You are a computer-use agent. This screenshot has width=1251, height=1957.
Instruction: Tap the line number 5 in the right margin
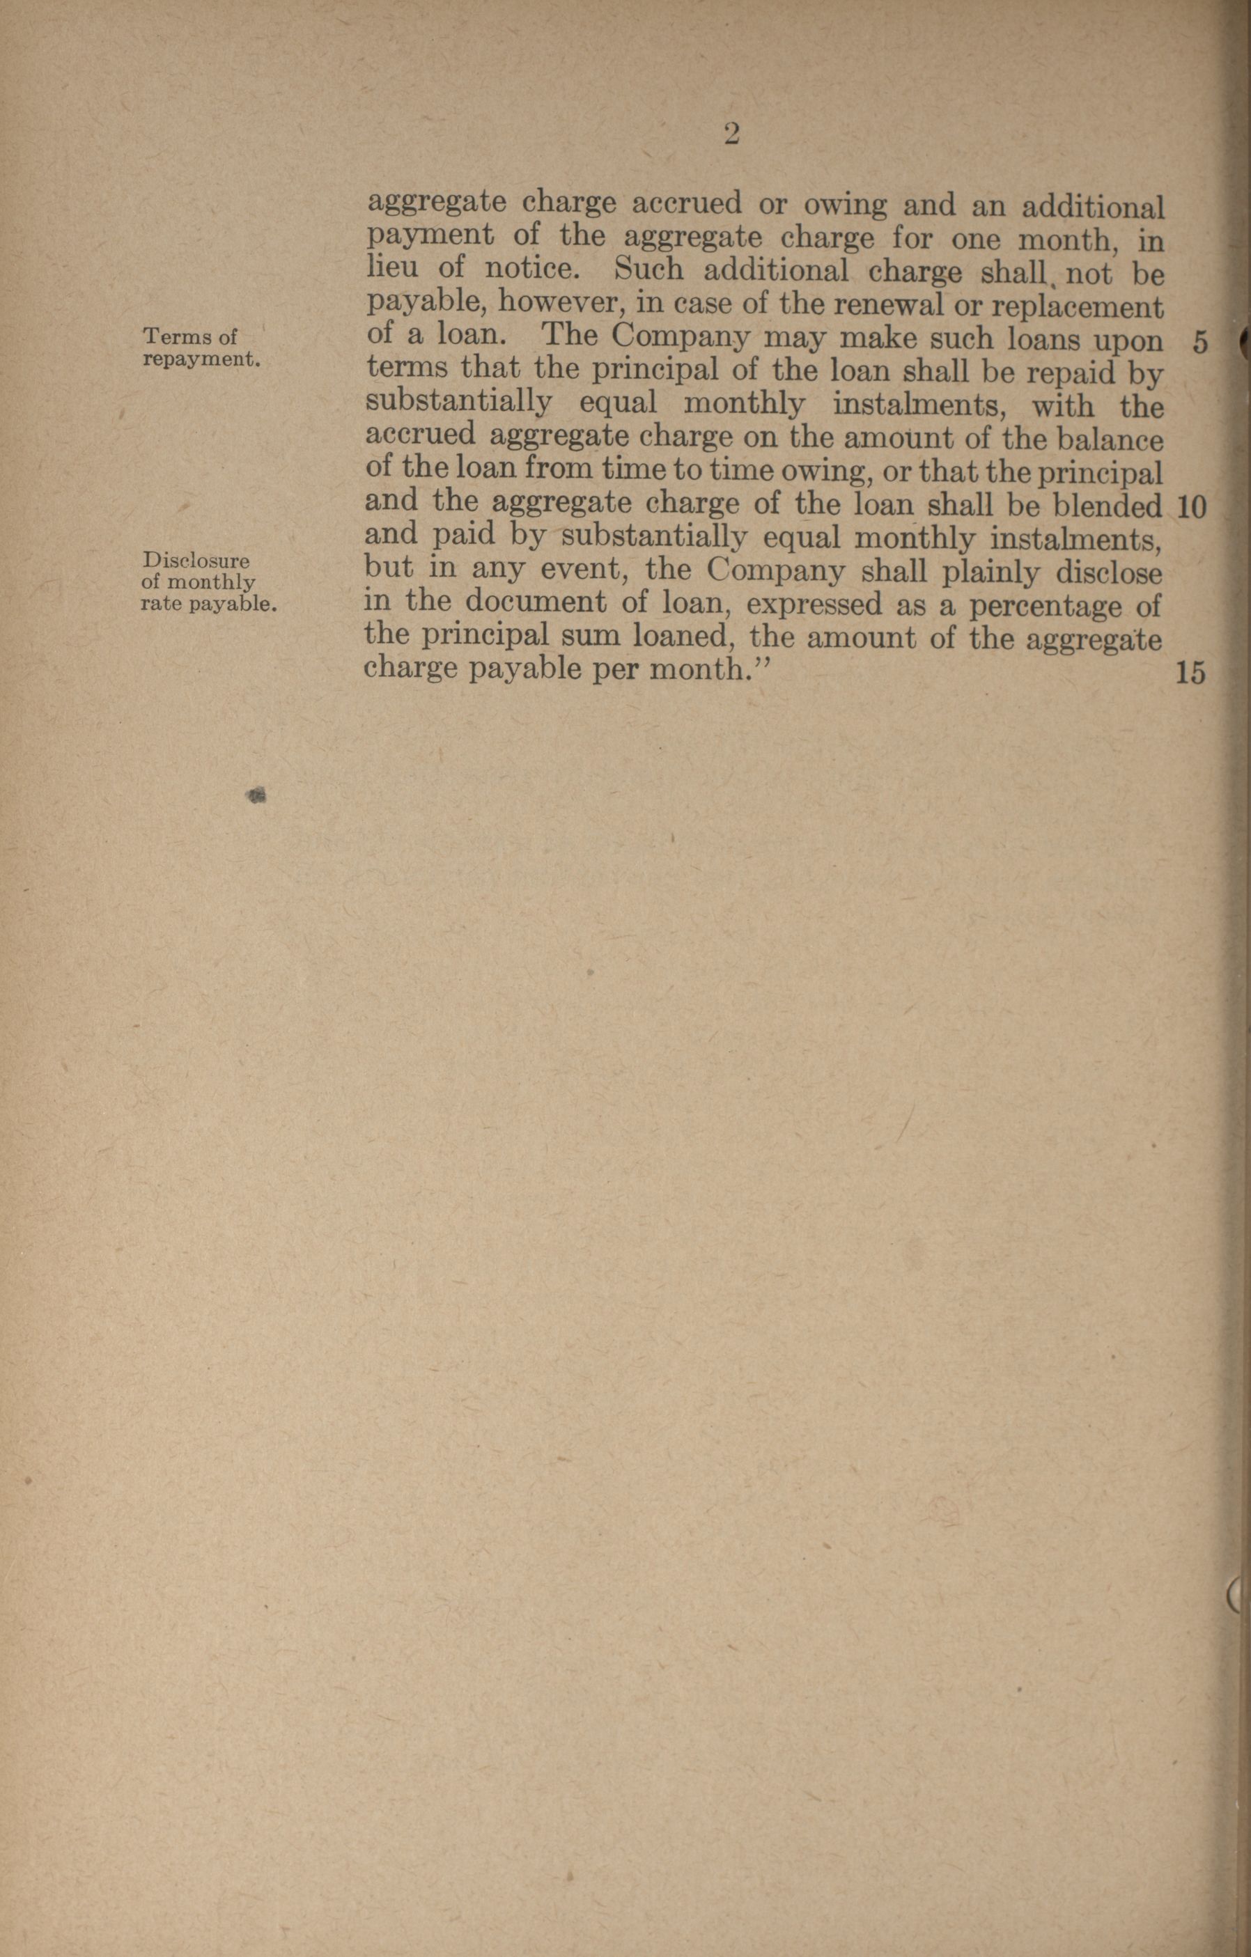point(1199,342)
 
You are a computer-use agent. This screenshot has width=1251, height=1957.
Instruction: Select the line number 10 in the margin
point(1191,508)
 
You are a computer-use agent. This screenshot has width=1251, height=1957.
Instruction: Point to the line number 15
point(1190,673)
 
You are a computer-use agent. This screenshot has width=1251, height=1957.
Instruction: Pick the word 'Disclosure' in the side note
point(195,561)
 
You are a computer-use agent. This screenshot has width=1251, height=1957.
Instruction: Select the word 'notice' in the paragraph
point(529,268)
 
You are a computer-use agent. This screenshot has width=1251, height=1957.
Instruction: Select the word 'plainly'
point(988,574)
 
